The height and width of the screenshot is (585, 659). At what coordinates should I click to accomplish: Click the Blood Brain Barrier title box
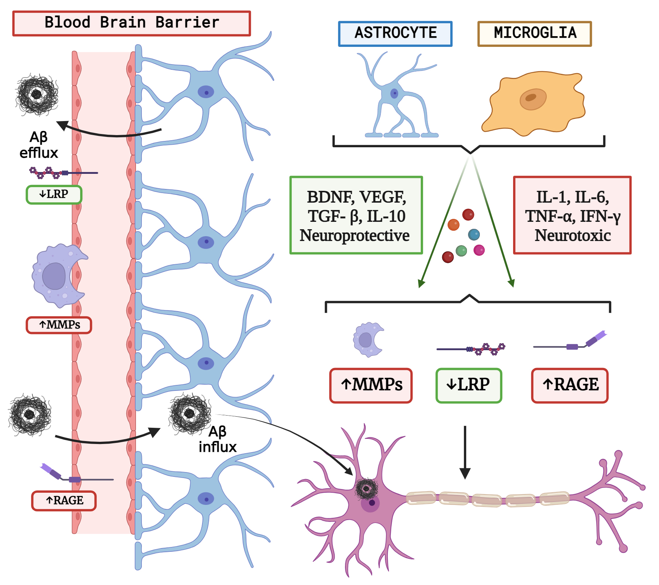click(x=132, y=23)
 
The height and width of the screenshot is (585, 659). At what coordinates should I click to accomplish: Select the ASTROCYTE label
click(x=395, y=34)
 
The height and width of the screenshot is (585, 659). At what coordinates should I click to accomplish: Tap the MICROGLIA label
click(x=535, y=34)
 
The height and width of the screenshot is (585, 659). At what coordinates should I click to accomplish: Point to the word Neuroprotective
click(x=354, y=235)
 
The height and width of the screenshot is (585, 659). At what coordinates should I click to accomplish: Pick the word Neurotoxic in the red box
click(x=573, y=235)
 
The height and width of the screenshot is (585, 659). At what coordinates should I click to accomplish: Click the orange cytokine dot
click(x=453, y=224)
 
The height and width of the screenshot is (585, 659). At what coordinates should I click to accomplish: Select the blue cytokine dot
click(x=474, y=234)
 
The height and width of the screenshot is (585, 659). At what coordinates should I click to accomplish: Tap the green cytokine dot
click(x=461, y=251)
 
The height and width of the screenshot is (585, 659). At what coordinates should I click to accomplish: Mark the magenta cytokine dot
click(x=479, y=250)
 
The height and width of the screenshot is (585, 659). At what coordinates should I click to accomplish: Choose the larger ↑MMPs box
click(x=371, y=385)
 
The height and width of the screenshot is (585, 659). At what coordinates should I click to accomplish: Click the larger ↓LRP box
click(x=468, y=385)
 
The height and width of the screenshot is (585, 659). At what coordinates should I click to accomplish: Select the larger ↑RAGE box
click(x=570, y=385)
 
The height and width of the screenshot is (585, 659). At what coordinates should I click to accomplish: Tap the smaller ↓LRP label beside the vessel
click(x=54, y=195)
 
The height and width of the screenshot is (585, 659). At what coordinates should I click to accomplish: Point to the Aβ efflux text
click(x=38, y=145)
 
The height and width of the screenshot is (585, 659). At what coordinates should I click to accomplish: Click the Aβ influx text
click(x=218, y=439)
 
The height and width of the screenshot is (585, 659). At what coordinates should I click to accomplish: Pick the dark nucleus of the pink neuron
click(x=372, y=503)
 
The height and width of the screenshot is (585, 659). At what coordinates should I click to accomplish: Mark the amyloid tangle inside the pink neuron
click(x=366, y=489)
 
